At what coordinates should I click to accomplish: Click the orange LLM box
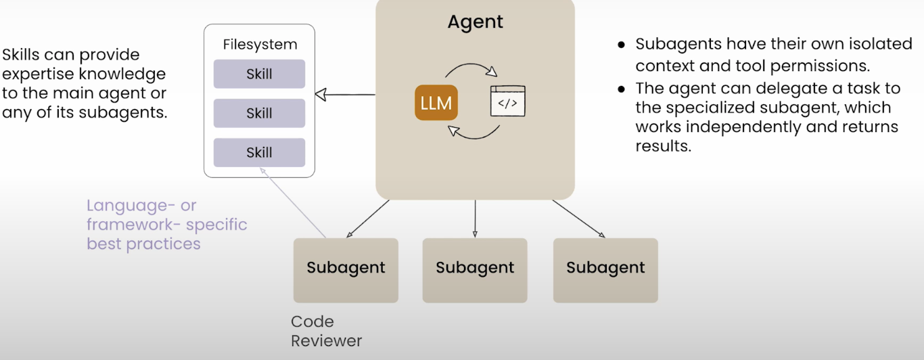tap(436, 104)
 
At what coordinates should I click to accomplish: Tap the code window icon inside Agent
tap(507, 102)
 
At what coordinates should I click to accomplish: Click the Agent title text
tap(475, 22)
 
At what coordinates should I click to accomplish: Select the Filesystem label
tap(260, 45)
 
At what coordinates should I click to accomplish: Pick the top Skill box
tap(259, 74)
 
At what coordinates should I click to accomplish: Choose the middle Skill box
tap(259, 113)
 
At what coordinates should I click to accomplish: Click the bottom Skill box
tap(259, 152)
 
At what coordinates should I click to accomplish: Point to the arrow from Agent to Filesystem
tap(345, 95)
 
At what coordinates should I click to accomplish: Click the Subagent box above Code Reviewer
tap(346, 269)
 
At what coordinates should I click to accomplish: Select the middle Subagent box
tap(475, 269)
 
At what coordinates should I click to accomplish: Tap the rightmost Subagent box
tap(605, 269)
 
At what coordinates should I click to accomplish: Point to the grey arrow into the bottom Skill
tap(294, 204)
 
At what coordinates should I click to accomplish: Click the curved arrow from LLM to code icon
tap(471, 68)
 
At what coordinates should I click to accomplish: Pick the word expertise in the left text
tap(38, 74)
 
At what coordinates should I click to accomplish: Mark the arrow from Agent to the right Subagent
tap(579, 219)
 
